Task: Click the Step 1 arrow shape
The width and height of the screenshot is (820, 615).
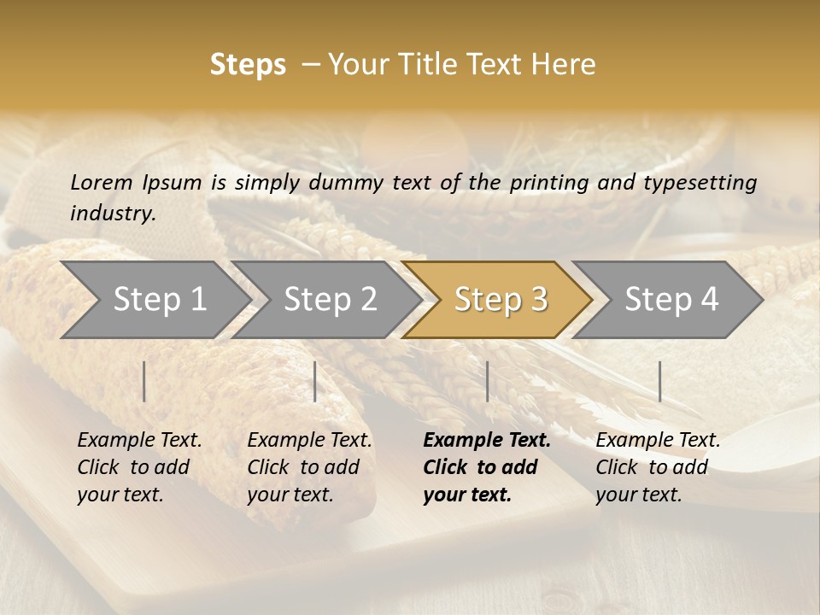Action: click(x=159, y=300)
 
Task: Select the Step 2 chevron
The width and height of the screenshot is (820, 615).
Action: click(x=330, y=300)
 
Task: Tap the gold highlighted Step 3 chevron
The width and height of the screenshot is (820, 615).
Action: click(x=501, y=300)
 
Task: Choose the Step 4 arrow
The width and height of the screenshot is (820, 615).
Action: click(x=671, y=300)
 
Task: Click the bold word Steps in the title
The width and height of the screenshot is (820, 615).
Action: click(x=248, y=65)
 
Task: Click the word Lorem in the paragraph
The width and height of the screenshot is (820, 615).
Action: click(x=101, y=182)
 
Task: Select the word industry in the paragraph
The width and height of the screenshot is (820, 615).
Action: click(x=112, y=213)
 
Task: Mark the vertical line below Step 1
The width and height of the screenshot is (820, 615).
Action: click(x=144, y=381)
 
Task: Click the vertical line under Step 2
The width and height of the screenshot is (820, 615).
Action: click(x=315, y=381)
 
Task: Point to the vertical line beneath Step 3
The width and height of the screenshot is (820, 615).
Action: click(x=487, y=381)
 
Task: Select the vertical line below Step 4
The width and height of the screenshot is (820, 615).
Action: click(x=659, y=381)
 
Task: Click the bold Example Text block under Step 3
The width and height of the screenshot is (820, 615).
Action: click(x=486, y=467)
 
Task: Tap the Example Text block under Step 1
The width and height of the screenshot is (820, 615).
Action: click(x=139, y=467)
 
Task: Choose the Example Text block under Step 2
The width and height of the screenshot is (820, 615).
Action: click(x=309, y=467)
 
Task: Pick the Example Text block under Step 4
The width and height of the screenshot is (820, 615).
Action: click(x=658, y=467)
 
